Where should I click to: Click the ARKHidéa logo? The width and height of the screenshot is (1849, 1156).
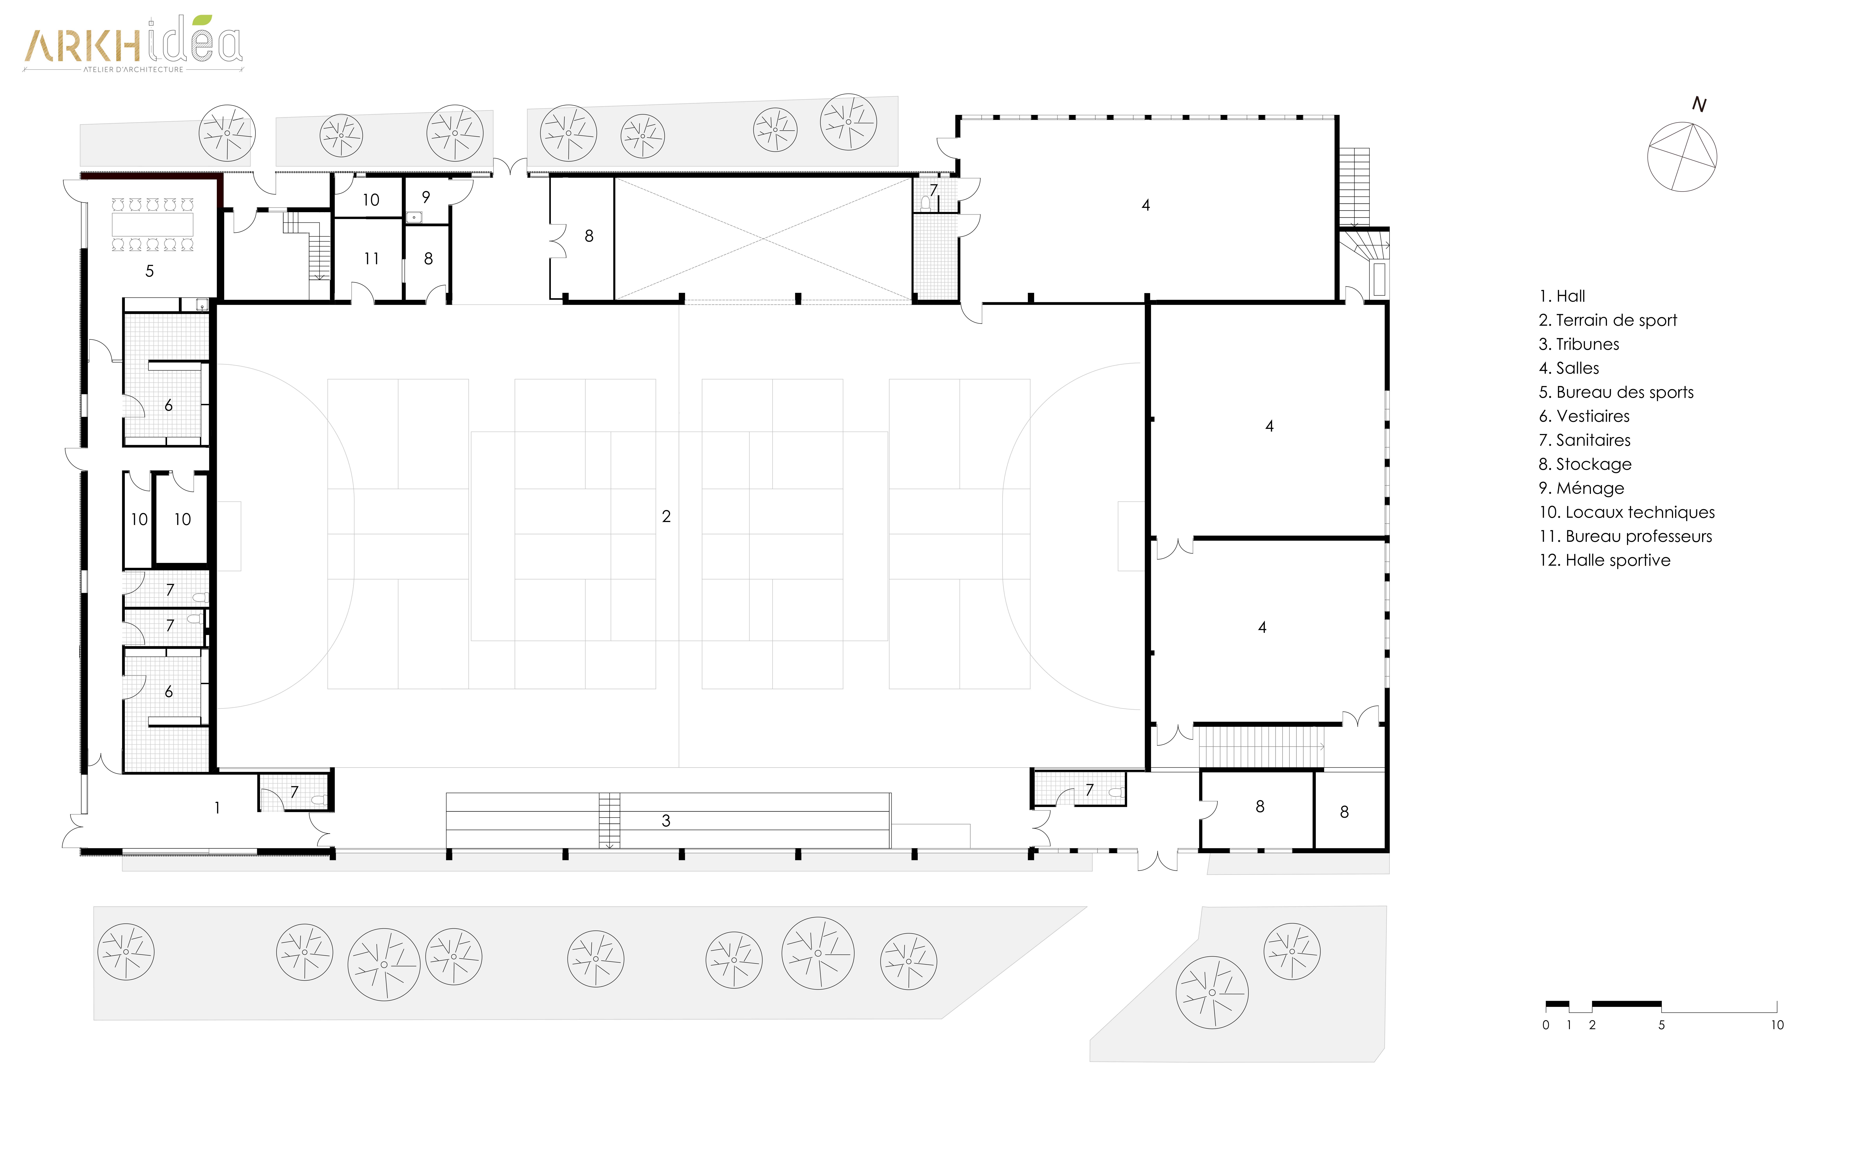click(133, 44)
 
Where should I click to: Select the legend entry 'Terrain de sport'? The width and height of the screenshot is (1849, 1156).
click(1608, 320)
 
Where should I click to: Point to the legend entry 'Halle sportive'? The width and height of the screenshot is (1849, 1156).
click(1604, 560)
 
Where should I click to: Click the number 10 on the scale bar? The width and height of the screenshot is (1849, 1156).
click(1777, 1025)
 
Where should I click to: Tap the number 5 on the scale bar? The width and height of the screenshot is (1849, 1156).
click(1661, 1025)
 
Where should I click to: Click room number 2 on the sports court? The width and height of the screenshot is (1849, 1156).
click(666, 517)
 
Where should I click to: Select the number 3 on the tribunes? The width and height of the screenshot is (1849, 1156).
click(666, 820)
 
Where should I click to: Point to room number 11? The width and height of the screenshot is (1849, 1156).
click(371, 258)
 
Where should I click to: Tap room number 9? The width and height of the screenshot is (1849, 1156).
click(426, 197)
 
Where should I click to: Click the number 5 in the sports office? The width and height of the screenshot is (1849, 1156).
click(150, 271)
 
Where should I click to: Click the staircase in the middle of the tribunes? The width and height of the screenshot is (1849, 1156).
click(609, 820)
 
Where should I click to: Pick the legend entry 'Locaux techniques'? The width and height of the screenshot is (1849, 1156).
click(1627, 512)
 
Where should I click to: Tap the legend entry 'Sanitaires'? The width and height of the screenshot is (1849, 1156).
click(1584, 440)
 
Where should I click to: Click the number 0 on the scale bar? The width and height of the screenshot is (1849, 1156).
click(1545, 1025)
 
